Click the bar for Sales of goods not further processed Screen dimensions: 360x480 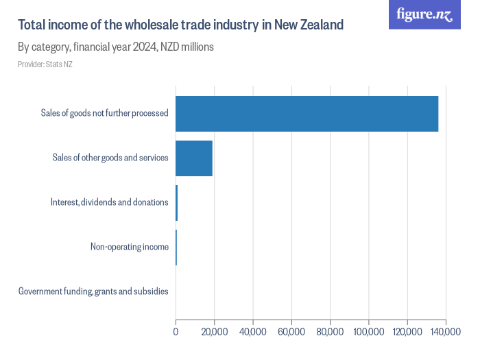tap(307, 113)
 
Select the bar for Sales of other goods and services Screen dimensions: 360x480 tap(194, 158)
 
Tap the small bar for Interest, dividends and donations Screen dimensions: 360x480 tap(177, 202)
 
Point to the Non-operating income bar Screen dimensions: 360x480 tap(176, 247)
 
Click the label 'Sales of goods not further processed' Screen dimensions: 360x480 tap(104, 113)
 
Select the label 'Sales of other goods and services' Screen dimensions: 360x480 tap(110, 158)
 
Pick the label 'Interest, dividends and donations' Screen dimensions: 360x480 tap(109, 202)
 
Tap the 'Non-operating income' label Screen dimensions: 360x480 tap(129, 247)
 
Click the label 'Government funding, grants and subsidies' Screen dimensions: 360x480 tap(93, 291)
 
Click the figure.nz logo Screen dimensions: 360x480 tap(424, 14)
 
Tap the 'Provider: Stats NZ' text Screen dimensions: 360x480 tap(45, 64)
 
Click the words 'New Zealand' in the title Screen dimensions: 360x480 tap(309, 25)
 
